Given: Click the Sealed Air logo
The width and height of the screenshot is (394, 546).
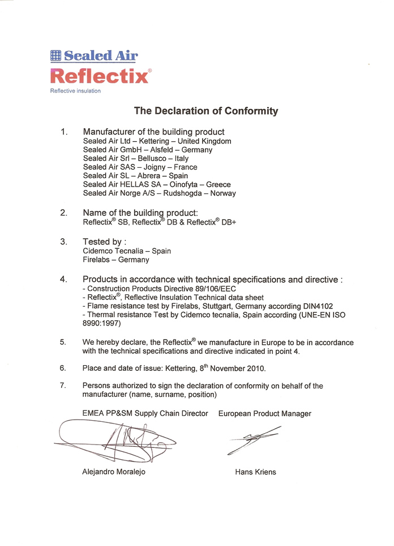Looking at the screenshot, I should [x=94, y=56].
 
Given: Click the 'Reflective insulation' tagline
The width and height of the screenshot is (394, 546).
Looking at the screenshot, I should [x=75, y=91].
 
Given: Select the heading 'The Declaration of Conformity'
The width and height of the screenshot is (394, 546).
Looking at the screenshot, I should [x=205, y=111].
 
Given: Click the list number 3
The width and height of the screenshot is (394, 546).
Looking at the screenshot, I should [x=63, y=242].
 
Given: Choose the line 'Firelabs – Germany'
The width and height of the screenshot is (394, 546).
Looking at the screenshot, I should [x=116, y=260].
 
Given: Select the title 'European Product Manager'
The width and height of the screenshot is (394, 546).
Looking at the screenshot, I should [x=264, y=413].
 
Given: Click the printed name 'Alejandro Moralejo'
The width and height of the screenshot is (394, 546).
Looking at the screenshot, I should [x=114, y=472].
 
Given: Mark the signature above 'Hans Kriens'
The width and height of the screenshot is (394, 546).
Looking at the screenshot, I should [x=253, y=440].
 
